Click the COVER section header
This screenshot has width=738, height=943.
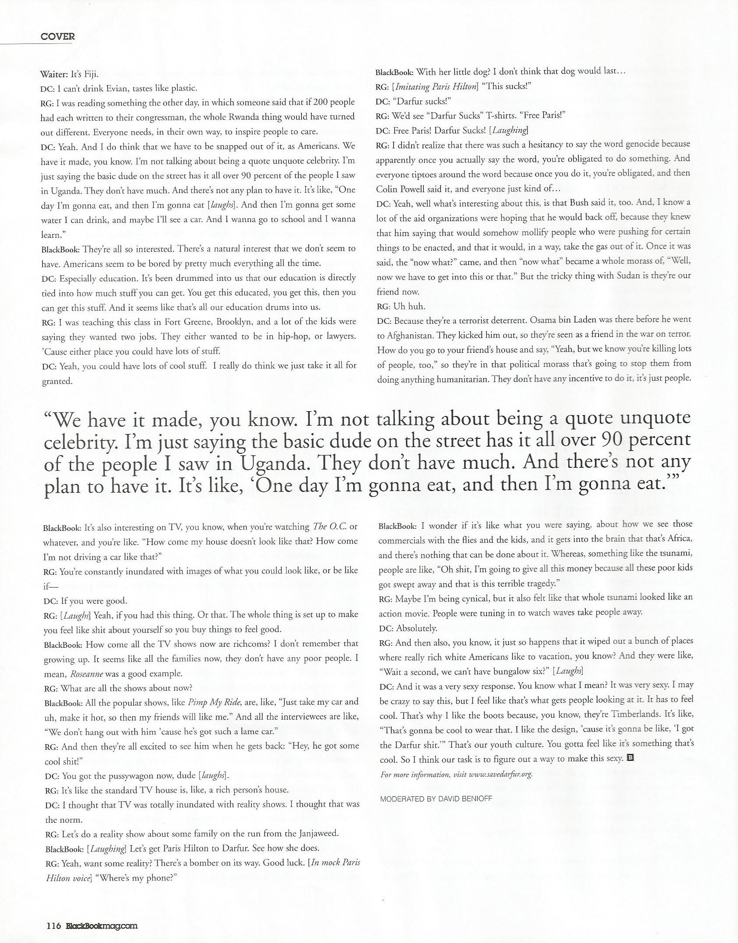click(57, 36)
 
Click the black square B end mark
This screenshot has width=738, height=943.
click(631, 757)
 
